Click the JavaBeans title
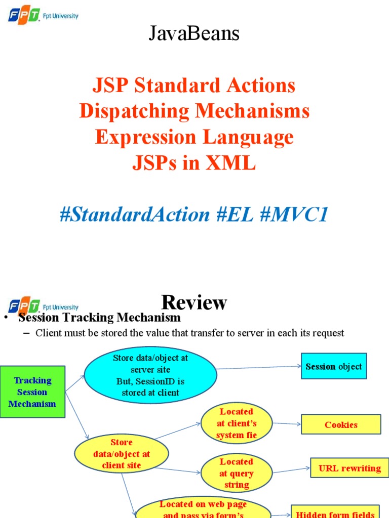(194, 34)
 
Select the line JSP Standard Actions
(194, 85)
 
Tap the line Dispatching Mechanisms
(194, 111)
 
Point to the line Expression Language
(194, 137)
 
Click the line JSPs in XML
(194, 163)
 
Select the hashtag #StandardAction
(135, 214)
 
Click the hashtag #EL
(235, 214)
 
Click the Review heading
(194, 303)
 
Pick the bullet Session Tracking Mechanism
(99, 318)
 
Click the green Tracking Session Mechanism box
(32, 392)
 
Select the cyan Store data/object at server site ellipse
(150, 375)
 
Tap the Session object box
(334, 366)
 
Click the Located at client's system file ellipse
(237, 423)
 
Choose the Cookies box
(341, 424)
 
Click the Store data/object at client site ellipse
(122, 454)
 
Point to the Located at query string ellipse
(237, 473)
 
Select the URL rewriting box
(349, 468)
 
